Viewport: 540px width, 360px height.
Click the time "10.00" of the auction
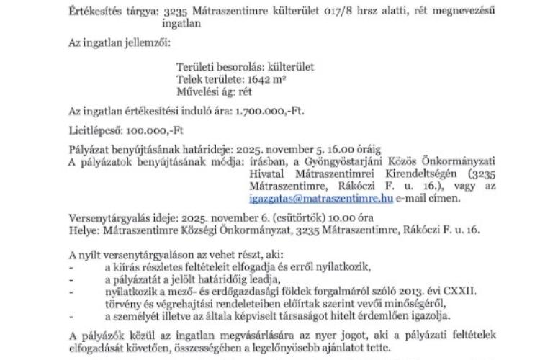[x=358, y=217]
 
